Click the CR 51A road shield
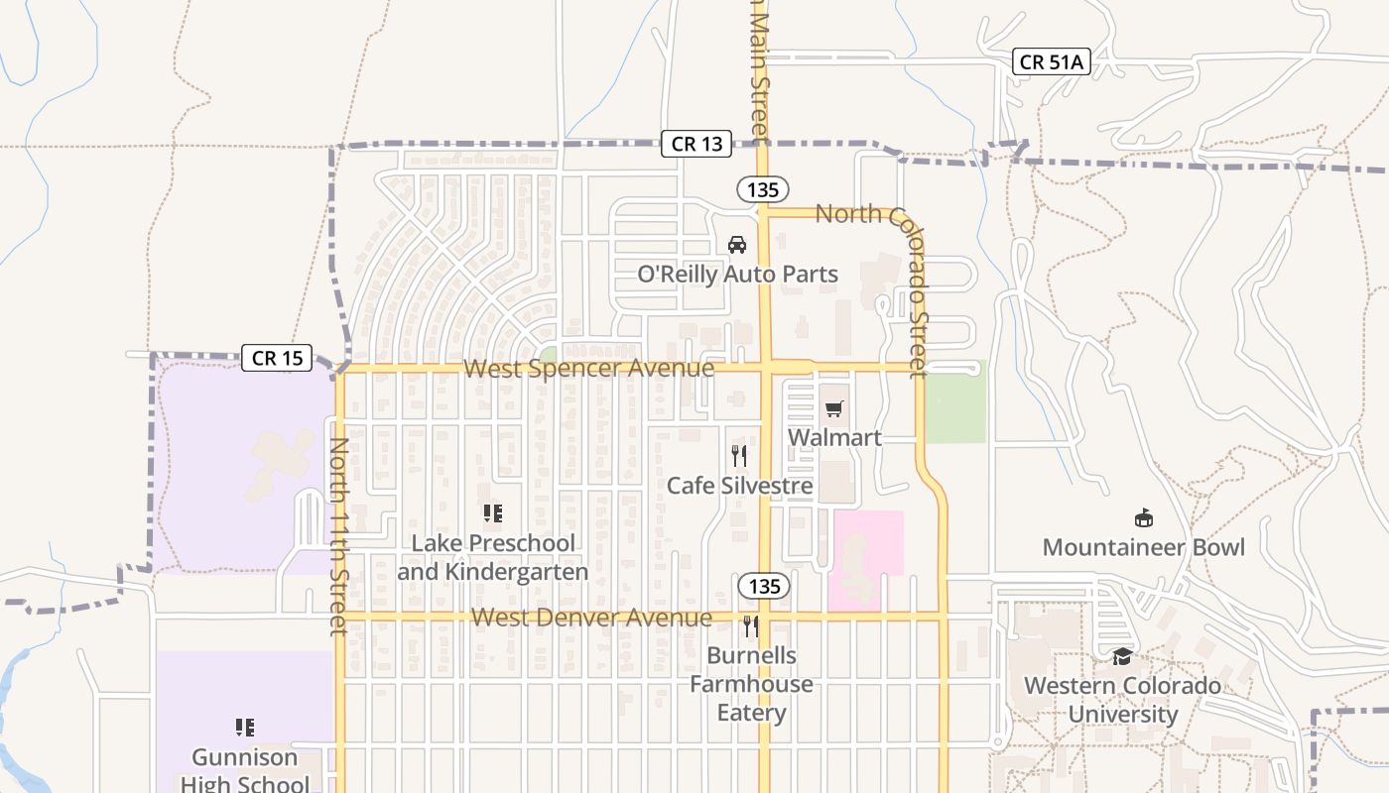point(1052,61)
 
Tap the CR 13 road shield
point(696,144)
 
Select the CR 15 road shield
point(277,358)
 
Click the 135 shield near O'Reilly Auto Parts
point(762,188)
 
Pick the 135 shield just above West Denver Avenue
point(764,586)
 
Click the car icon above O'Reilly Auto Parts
point(737,244)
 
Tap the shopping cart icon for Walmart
point(834,408)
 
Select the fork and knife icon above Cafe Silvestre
point(739,455)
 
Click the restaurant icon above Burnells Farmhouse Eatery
point(751,625)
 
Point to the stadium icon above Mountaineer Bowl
point(1143,517)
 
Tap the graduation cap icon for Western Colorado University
point(1122,656)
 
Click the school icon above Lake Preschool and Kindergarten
point(493,513)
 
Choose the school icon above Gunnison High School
point(244,728)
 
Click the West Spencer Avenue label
point(588,369)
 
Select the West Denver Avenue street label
point(591,618)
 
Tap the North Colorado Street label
point(908,290)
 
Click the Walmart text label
point(834,437)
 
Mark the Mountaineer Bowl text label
point(1143,547)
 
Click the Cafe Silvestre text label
point(739,486)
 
